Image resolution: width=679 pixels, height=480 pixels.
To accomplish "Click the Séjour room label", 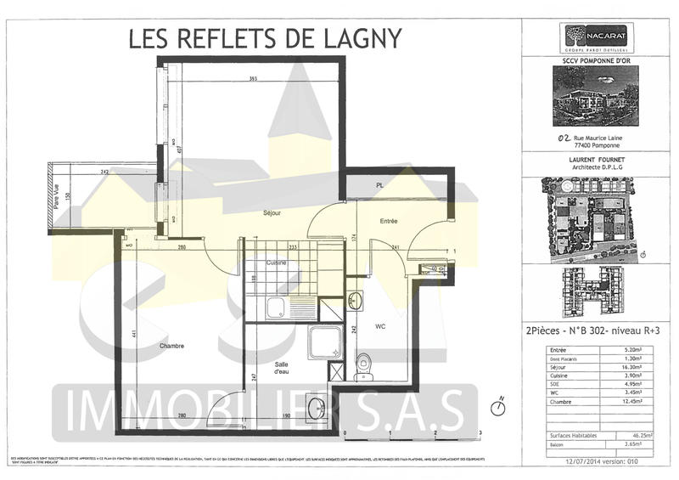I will (272, 213).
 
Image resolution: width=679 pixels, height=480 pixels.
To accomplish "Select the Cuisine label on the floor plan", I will (275, 263).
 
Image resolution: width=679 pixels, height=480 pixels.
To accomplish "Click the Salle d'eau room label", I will (283, 368).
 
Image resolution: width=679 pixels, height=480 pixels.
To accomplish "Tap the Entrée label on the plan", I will (389, 221).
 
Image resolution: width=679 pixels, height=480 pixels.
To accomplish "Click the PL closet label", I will (379, 185).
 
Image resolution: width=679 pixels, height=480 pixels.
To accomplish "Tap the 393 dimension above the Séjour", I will (253, 79).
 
